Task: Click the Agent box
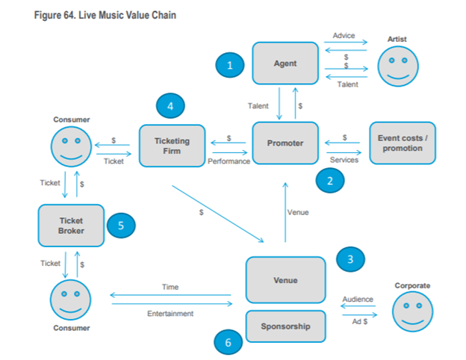click(285, 63)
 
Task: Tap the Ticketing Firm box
click(172, 145)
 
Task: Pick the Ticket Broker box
click(72, 226)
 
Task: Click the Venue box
click(285, 280)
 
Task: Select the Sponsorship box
click(285, 326)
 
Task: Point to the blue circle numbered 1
click(230, 66)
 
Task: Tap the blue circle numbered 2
click(330, 180)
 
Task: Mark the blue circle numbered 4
click(171, 107)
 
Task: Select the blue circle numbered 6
click(229, 342)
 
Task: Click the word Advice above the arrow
click(344, 36)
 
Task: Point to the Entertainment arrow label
click(170, 314)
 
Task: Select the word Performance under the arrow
click(229, 161)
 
